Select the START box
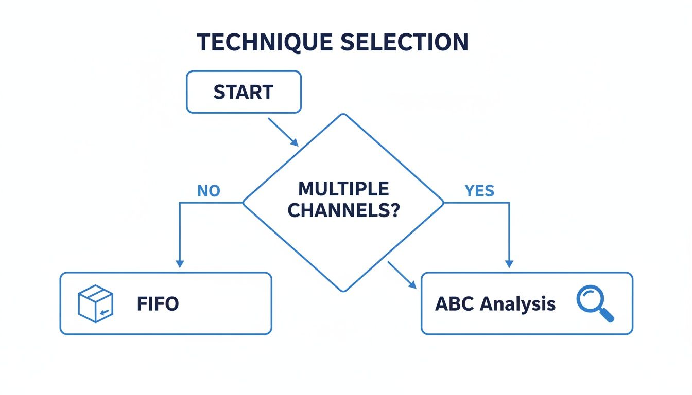point(243,92)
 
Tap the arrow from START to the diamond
point(283,132)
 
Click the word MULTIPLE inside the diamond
point(343,189)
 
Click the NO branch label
point(209,191)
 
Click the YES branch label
point(479,191)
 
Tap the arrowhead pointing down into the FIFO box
point(179,263)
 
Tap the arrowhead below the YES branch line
point(509,263)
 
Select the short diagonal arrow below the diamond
point(402,275)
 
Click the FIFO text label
point(158,304)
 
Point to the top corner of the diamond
point(343,114)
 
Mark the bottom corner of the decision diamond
point(343,291)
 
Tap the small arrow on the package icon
point(105,312)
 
